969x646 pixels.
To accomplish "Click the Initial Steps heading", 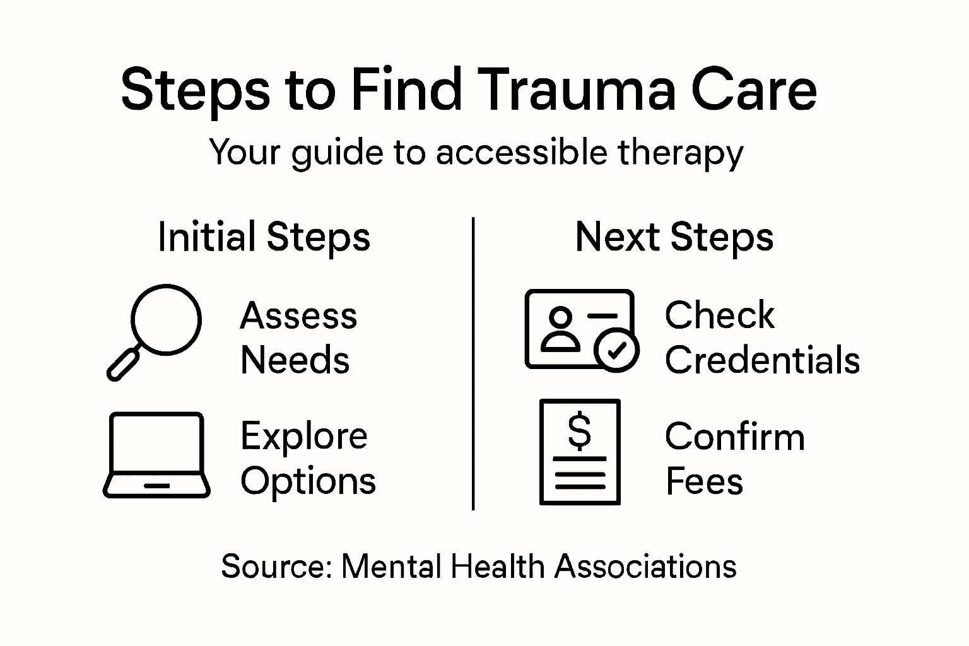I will (264, 237).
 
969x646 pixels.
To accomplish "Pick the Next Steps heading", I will (674, 237).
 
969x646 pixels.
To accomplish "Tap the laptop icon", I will (156, 455).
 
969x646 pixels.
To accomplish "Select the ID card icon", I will (579, 328).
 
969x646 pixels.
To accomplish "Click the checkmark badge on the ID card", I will (617, 349).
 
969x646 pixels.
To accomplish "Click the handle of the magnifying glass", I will (124, 363).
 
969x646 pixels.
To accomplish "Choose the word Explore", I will (303, 435).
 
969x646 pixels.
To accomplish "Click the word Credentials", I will (762, 360).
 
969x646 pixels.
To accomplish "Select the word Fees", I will (704, 481).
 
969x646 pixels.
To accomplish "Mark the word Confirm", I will (735, 437).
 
